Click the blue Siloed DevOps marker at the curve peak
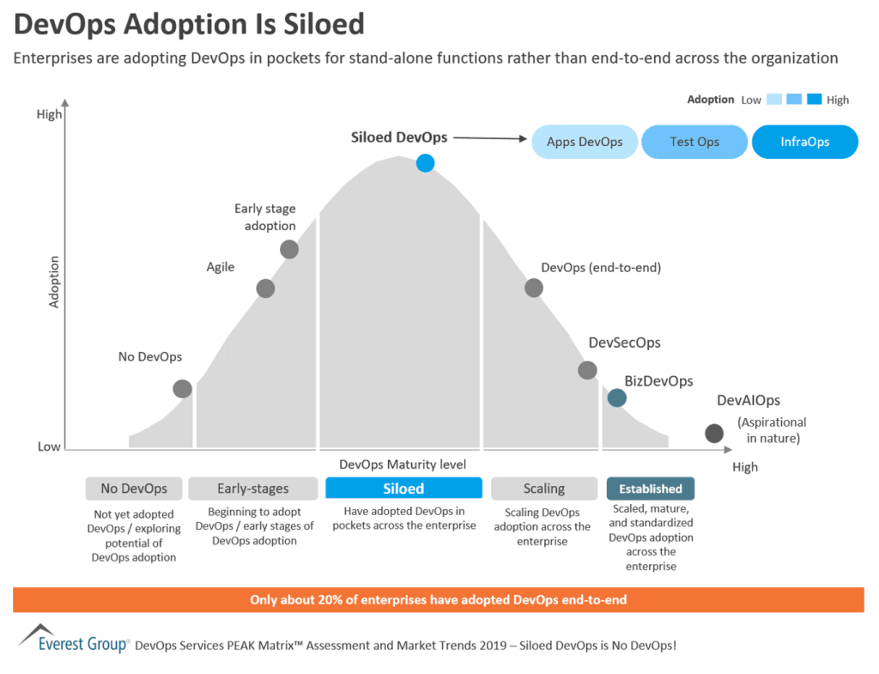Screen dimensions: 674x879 (x=425, y=163)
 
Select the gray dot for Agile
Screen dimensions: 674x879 (x=265, y=288)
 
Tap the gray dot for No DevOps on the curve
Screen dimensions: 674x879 (x=182, y=389)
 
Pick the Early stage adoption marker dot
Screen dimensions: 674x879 (x=289, y=249)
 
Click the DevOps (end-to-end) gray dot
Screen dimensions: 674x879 (x=534, y=288)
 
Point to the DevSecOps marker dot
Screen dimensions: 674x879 (x=587, y=370)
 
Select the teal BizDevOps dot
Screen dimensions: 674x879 (x=616, y=398)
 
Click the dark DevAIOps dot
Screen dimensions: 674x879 (x=713, y=434)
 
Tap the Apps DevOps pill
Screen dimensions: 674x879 (x=585, y=142)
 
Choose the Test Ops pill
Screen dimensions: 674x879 (x=694, y=142)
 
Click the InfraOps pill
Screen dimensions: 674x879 (x=804, y=142)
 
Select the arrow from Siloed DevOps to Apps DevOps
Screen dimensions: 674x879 (x=489, y=137)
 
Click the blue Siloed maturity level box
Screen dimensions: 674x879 (x=403, y=489)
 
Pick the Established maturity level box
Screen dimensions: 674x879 (x=651, y=489)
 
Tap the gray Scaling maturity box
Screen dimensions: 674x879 (x=544, y=489)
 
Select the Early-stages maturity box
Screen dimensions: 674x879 (x=252, y=489)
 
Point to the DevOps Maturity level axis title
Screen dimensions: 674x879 (x=403, y=465)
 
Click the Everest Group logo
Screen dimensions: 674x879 (x=74, y=641)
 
